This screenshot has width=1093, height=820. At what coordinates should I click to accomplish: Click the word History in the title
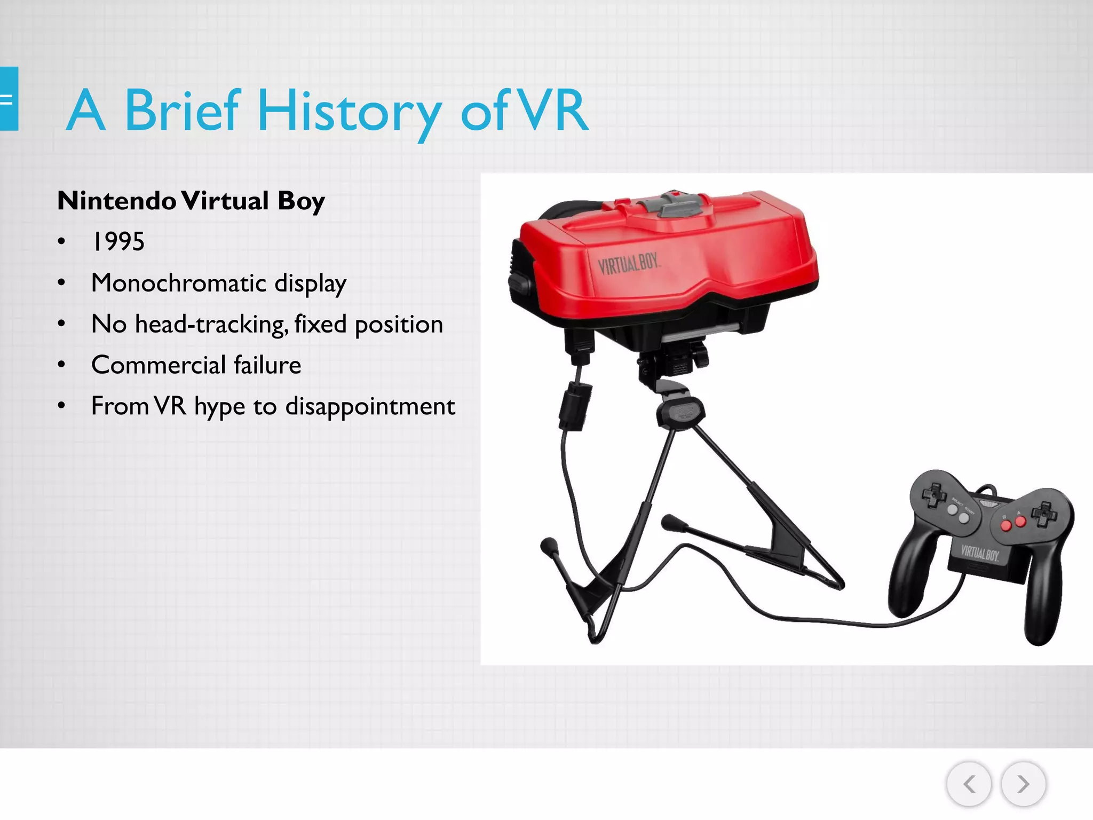pyautogui.click(x=350, y=111)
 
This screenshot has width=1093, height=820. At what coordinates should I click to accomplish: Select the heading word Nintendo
pyautogui.click(x=116, y=201)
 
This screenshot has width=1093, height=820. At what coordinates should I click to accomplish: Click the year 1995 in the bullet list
pyautogui.click(x=118, y=242)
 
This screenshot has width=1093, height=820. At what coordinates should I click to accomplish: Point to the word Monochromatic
pyautogui.click(x=178, y=283)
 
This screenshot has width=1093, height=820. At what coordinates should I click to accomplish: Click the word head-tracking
pyautogui.click(x=211, y=324)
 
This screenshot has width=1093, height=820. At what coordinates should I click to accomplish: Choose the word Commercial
pyautogui.click(x=159, y=365)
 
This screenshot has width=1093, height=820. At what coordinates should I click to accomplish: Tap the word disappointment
pyautogui.click(x=370, y=406)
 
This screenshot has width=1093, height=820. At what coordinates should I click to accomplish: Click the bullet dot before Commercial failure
pyautogui.click(x=62, y=365)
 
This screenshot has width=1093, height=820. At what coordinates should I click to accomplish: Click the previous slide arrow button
pyautogui.click(x=969, y=784)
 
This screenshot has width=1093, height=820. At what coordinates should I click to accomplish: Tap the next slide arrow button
pyautogui.click(x=1023, y=784)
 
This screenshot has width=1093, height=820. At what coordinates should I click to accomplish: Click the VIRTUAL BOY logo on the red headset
pyautogui.click(x=629, y=264)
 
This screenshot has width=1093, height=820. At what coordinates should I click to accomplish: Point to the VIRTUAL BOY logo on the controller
pyautogui.click(x=980, y=553)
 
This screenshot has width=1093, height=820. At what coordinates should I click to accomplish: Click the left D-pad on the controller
pyautogui.click(x=934, y=496)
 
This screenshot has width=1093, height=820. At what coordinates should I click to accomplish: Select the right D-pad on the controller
pyautogui.click(x=1044, y=514)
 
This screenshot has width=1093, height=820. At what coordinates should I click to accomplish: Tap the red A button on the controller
pyautogui.click(x=1020, y=521)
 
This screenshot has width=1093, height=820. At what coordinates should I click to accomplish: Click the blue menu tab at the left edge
pyautogui.click(x=9, y=99)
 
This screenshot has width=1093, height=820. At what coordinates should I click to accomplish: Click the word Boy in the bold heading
pyautogui.click(x=301, y=201)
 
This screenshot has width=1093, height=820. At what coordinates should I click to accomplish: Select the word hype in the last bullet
pyautogui.click(x=219, y=407)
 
